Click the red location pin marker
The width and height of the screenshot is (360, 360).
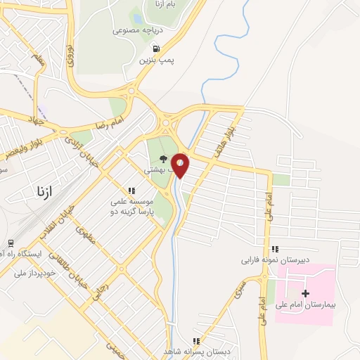pos(180,165)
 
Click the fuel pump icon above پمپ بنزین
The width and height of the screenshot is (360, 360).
pos(156,49)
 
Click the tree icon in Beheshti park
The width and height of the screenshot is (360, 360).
pos(164,159)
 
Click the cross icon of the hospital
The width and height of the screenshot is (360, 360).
pos(304,292)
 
